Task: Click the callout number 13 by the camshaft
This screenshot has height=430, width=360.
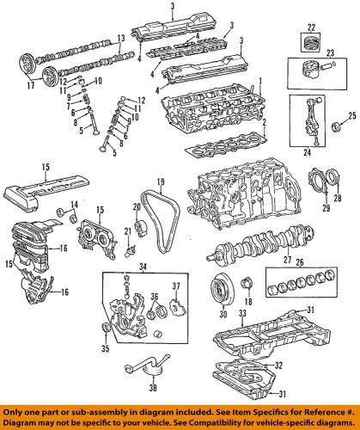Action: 120,39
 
